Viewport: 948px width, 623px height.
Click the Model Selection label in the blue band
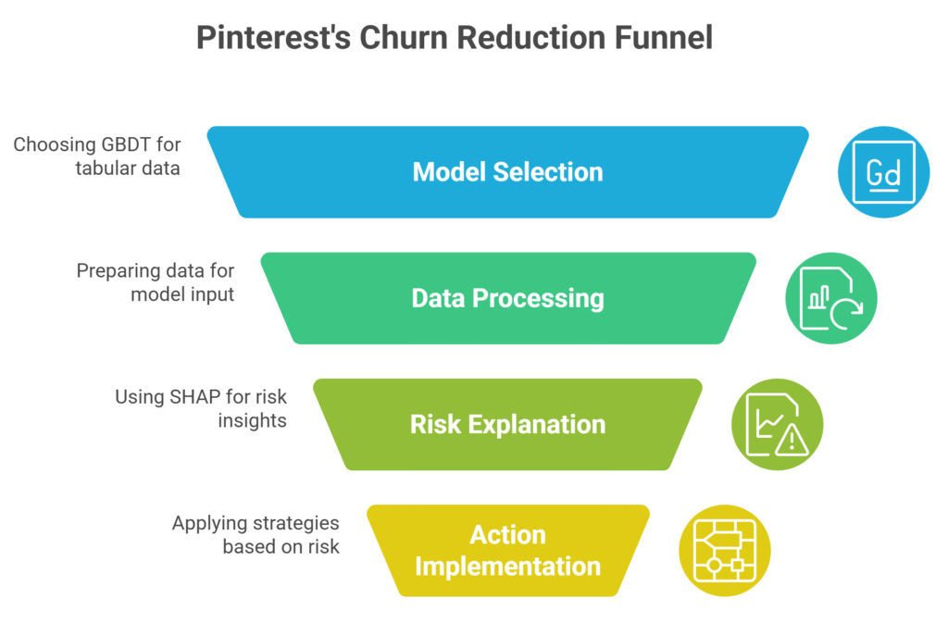(x=507, y=172)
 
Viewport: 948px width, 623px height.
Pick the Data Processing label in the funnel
(x=507, y=298)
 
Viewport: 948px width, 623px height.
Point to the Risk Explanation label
(x=507, y=424)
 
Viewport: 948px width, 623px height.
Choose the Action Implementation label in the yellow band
(x=507, y=550)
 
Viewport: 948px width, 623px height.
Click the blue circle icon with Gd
(x=883, y=172)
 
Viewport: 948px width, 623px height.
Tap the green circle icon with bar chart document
(x=830, y=298)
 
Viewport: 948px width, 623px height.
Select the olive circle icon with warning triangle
(x=777, y=424)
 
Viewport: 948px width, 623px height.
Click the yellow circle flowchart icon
(x=724, y=550)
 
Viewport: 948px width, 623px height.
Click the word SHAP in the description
(x=194, y=397)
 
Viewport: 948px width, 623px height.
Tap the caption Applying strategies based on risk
(x=256, y=535)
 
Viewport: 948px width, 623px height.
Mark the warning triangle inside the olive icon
(x=791, y=441)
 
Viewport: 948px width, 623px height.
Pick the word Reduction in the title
(x=534, y=38)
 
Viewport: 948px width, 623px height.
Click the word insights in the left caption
(x=253, y=420)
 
